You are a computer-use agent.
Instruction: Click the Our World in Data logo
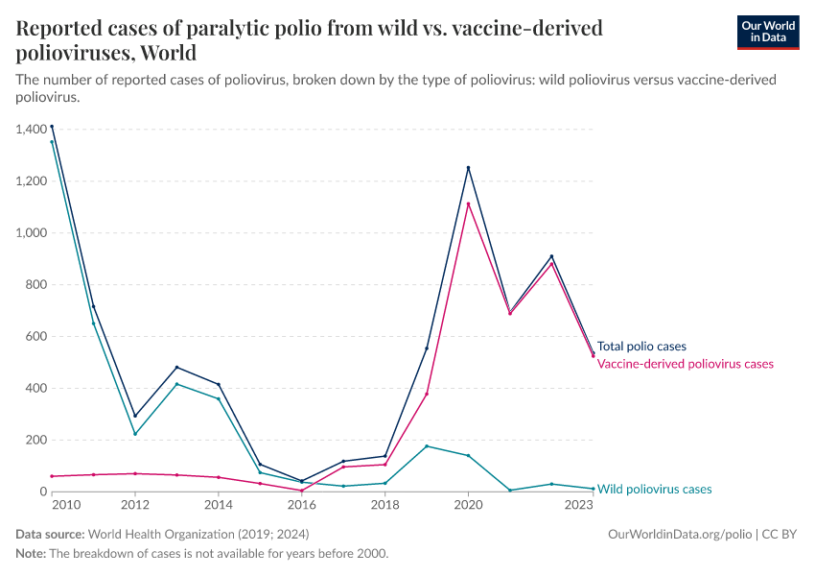click(767, 32)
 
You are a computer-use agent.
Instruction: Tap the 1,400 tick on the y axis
click(32, 129)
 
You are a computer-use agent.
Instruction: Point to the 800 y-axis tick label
click(35, 284)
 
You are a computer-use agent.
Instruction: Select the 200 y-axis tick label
click(35, 440)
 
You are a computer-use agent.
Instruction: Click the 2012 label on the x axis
click(135, 505)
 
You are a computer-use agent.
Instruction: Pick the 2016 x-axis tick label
click(302, 505)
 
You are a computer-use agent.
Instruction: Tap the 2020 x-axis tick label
click(468, 505)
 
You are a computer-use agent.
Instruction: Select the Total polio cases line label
click(641, 347)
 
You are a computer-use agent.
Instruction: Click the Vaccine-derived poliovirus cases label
click(685, 364)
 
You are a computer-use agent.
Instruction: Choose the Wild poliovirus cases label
click(654, 489)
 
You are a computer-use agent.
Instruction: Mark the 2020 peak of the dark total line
click(468, 168)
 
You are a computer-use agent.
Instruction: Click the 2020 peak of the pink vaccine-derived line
click(468, 204)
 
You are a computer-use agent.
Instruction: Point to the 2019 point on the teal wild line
click(427, 446)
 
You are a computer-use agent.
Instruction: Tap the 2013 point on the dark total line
click(176, 367)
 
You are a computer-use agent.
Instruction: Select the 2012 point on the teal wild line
click(135, 434)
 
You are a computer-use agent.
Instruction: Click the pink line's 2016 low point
click(302, 491)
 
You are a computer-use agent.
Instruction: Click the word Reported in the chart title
click(58, 29)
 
